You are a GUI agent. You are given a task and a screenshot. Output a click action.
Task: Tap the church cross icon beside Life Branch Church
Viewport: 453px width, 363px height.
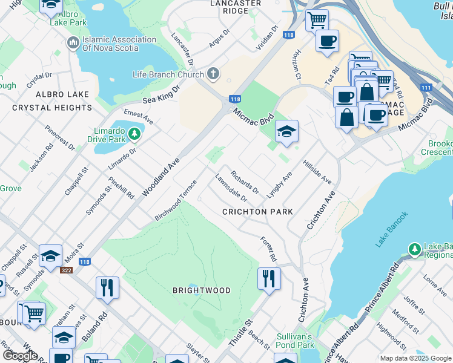[x=213, y=74]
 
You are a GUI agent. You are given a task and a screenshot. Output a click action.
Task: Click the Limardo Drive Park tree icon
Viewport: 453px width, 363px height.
[x=134, y=131]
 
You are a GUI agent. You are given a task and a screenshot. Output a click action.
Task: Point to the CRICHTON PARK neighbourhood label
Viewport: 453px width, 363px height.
[x=257, y=212]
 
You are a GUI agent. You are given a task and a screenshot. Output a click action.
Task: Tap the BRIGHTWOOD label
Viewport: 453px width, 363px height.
[x=202, y=290]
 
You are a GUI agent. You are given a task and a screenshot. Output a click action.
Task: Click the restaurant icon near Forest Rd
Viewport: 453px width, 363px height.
[x=268, y=278]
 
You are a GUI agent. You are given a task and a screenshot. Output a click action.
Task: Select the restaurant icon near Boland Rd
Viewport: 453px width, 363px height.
[x=107, y=287]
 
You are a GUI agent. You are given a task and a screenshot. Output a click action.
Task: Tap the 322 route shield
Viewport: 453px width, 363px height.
[x=65, y=270]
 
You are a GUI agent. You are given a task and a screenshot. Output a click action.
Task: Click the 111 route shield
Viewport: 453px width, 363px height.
[x=426, y=88]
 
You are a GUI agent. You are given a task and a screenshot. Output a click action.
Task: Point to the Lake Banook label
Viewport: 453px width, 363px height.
[x=392, y=229]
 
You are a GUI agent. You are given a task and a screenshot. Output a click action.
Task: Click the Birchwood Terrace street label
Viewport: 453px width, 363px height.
[x=176, y=200]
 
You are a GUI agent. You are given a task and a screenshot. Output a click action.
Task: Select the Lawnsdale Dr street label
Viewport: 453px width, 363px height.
[x=231, y=188]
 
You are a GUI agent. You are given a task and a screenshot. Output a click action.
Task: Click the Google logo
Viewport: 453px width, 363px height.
[x=20, y=355]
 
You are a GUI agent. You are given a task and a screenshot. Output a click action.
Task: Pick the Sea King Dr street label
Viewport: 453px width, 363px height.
[x=162, y=94]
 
